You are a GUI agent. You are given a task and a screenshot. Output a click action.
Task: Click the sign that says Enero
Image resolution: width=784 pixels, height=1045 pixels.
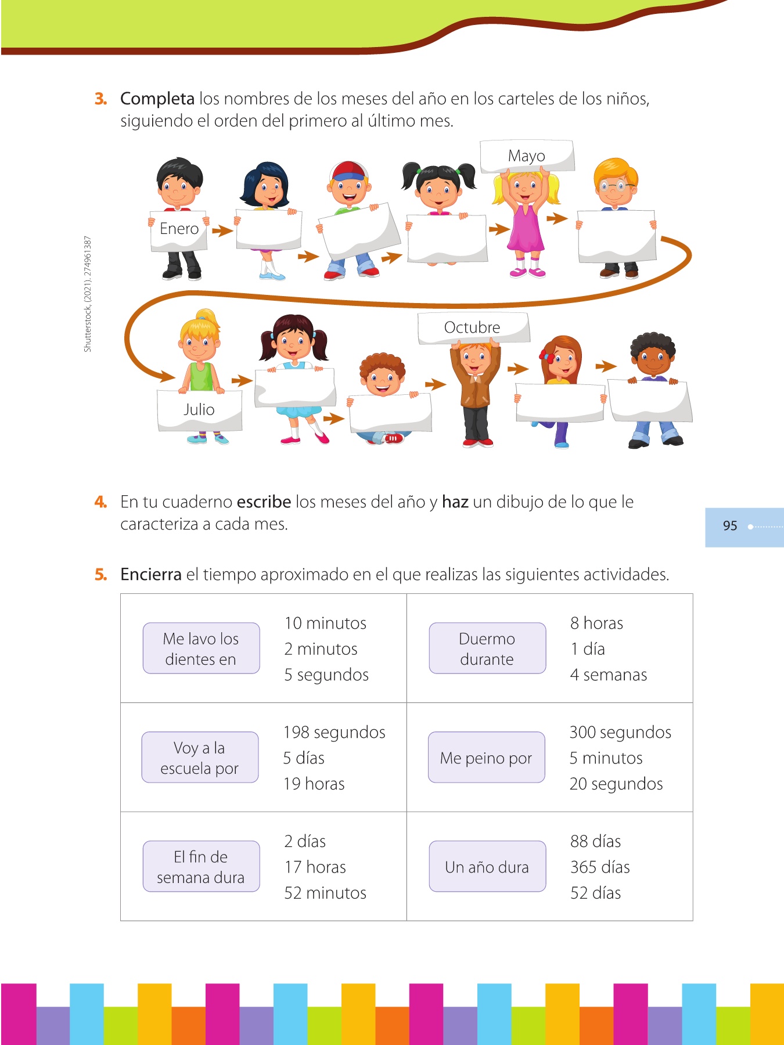pos(179,230)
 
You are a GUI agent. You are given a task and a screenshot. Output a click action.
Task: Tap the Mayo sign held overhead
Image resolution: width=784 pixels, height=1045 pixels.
pos(527,156)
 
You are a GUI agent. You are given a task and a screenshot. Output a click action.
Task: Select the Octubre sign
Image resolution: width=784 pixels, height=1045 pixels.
pos(473,328)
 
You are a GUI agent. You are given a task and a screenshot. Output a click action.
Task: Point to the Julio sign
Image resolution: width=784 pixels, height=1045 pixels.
pos(199,410)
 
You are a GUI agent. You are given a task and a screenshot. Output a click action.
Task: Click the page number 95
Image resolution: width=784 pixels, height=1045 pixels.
pos(730,526)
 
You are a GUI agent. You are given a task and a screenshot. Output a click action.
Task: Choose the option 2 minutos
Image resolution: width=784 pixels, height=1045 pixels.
pos(321,649)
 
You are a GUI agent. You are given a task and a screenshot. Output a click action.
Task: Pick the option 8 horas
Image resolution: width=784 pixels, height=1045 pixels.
pos(596,624)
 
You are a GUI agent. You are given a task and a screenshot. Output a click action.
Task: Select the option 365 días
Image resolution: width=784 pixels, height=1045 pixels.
pos(600,867)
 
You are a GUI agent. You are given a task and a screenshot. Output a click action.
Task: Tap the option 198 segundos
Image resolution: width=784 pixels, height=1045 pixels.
pos(334,733)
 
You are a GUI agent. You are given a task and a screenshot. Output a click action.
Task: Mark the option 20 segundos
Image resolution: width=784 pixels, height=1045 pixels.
pos(616,784)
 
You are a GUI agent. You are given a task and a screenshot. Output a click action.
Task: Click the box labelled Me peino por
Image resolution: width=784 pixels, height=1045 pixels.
pos(486,758)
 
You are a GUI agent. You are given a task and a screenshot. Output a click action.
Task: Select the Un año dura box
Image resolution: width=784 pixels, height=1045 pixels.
pos(487,867)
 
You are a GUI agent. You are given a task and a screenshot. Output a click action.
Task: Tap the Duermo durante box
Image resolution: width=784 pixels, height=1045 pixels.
pos(487,648)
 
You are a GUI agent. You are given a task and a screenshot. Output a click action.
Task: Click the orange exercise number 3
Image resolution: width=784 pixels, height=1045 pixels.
pos(100,99)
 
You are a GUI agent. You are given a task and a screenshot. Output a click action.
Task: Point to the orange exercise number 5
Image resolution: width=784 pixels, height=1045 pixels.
pos(100,575)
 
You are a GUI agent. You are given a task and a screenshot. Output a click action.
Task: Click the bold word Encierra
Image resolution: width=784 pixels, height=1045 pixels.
pos(151,575)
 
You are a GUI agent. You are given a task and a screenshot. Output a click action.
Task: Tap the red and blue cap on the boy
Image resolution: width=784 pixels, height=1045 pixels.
pos(348,172)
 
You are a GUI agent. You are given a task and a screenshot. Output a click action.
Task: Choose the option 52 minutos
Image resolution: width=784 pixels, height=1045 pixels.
pos(325,893)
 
